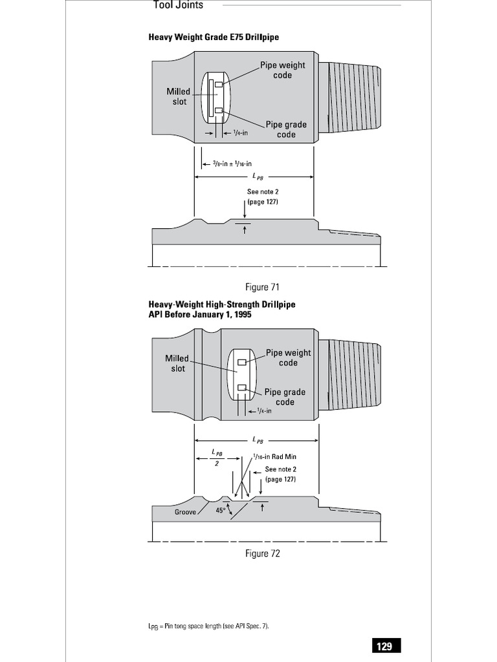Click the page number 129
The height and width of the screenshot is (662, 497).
(x=384, y=646)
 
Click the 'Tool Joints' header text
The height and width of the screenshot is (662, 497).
(x=178, y=5)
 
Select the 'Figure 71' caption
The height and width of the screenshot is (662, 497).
(x=262, y=286)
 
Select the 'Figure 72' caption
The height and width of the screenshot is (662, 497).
(x=262, y=553)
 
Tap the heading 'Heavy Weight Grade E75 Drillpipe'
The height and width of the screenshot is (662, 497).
(x=214, y=37)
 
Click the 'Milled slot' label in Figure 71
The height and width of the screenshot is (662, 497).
(x=178, y=97)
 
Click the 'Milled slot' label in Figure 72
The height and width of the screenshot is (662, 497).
(x=177, y=363)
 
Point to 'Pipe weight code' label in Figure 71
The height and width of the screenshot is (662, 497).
(x=283, y=70)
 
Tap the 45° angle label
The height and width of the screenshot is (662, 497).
(x=220, y=510)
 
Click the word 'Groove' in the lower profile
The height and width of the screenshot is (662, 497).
(x=185, y=512)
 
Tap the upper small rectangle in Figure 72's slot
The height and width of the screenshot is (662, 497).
(x=241, y=362)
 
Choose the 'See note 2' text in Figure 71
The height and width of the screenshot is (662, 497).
(x=262, y=197)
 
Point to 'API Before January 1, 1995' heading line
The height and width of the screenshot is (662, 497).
(x=199, y=314)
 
